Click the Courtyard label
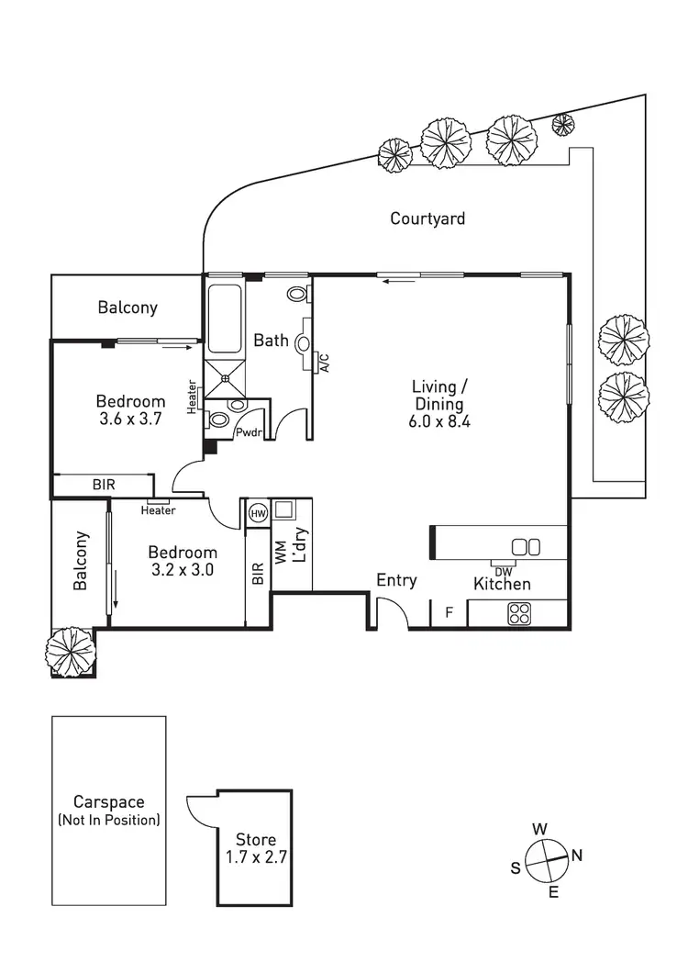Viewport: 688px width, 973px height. tap(427, 218)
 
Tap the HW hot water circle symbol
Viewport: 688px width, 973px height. tap(258, 513)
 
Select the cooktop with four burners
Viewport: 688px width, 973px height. tap(519, 614)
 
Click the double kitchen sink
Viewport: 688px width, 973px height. tap(526, 547)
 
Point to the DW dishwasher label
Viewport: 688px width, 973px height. tap(503, 572)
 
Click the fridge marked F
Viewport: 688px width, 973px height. tap(449, 613)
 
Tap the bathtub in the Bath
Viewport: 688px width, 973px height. tap(224, 319)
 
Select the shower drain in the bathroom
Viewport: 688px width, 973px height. tap(225, 377)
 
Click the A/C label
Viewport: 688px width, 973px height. tap(324, 363)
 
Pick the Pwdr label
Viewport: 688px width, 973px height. tap(249, 432)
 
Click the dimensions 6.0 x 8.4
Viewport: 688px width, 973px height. tap(439, 421)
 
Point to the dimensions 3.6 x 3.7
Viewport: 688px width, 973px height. tap(130, 419)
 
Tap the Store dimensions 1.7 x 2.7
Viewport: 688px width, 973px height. tap(256, 857)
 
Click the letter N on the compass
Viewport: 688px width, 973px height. tap(576, 856)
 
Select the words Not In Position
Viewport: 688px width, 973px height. tap(109, 820)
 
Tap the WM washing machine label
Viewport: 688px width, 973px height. tap(281, 553)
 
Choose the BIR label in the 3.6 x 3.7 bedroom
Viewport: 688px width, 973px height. tap(104, 484)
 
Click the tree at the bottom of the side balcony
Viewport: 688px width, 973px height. tap(71, 652)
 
